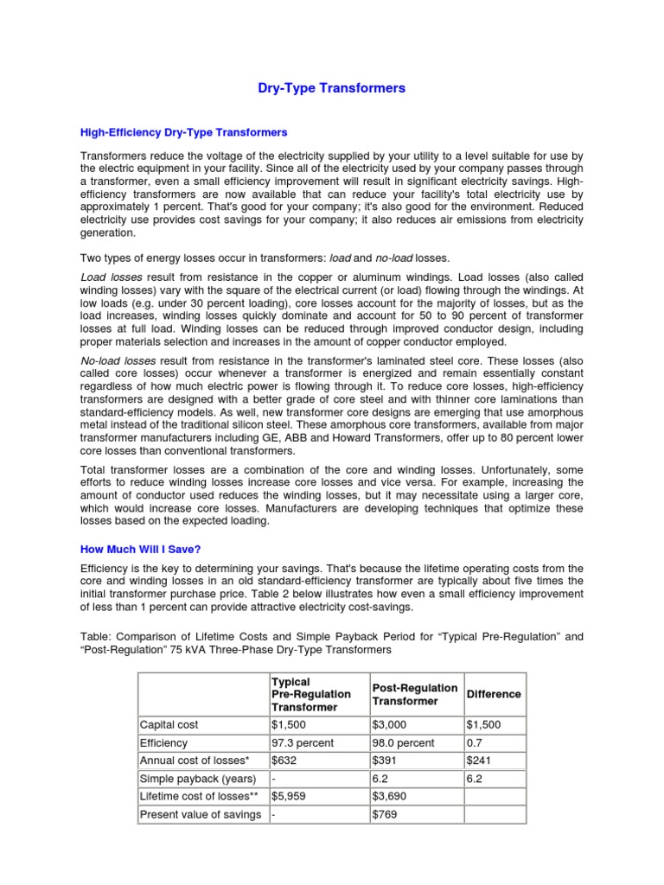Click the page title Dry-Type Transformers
[332, 88]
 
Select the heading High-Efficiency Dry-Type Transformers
[183, 132]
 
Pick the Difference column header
[494, 694]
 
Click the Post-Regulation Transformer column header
[414, 694]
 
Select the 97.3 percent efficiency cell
[303, 742]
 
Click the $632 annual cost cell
[284, 761]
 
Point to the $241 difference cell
[479, 761]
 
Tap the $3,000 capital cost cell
[389, 724]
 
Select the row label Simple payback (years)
[197, 779]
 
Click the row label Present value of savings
[201, 815]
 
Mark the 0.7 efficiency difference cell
[474, 742]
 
